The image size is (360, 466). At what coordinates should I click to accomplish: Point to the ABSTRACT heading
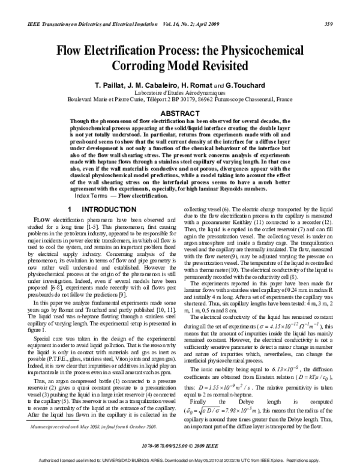180,112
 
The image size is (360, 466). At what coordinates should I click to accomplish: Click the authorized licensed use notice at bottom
180,461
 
